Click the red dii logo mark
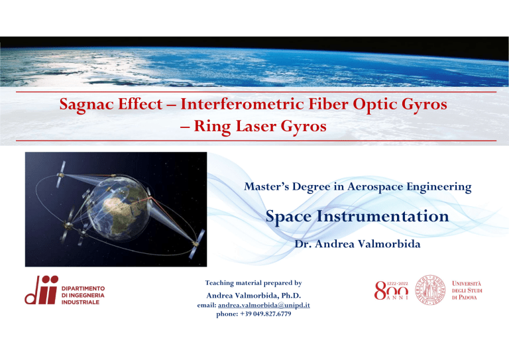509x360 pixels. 40,291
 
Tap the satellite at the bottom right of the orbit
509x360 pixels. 195,237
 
